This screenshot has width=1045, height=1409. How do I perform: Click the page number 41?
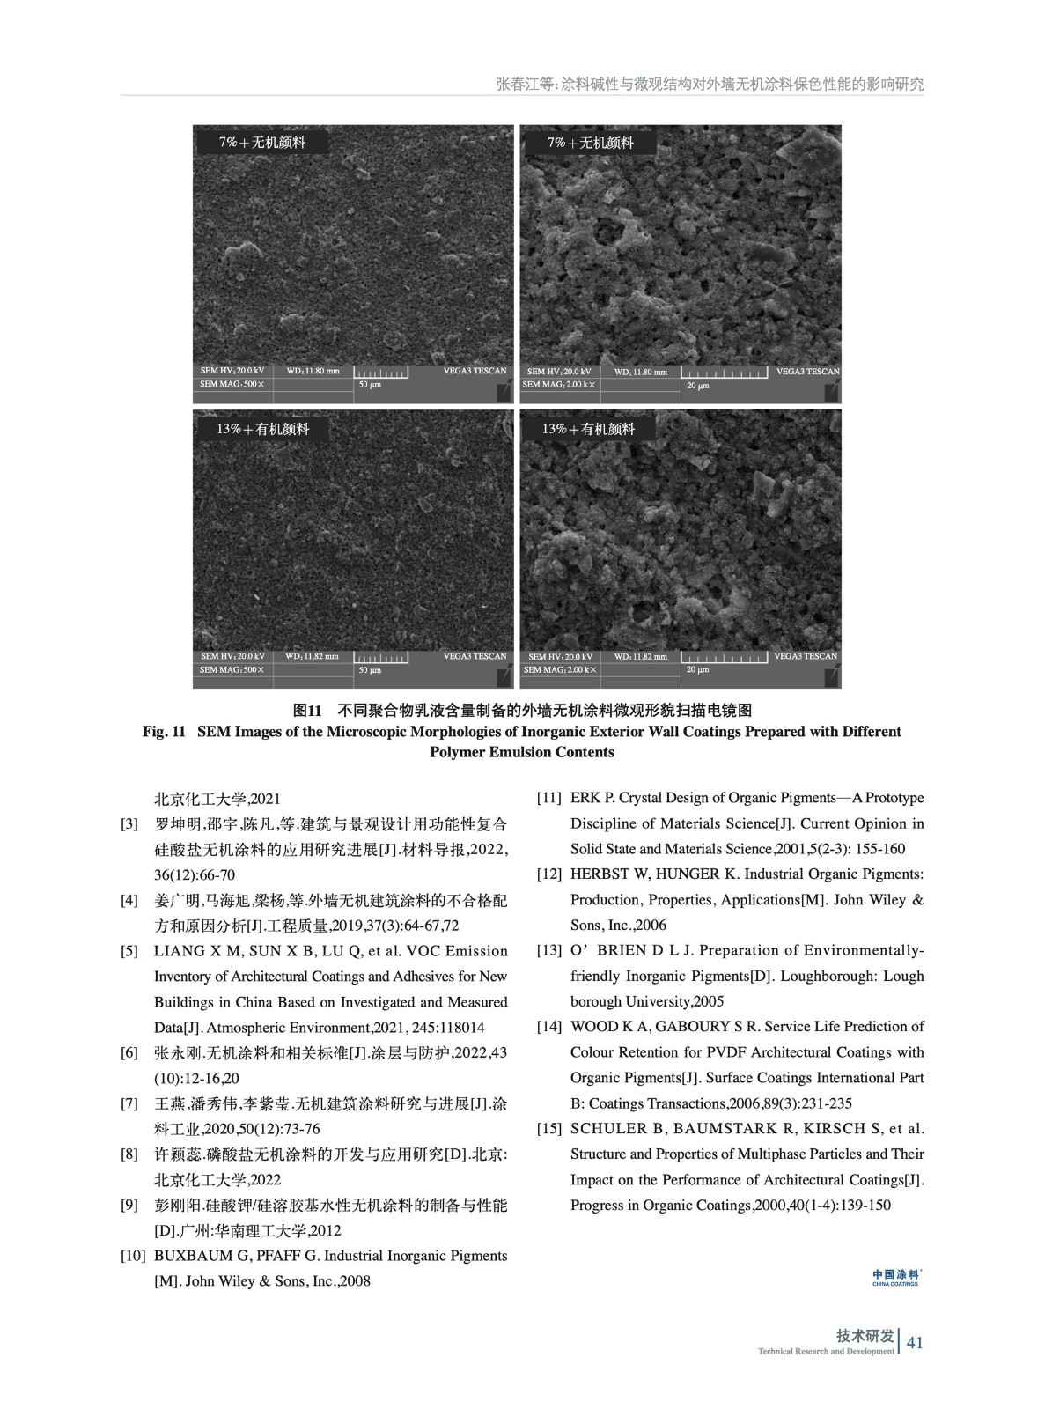click(914, 1342)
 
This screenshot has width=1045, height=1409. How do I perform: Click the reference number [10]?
click(133, 1256)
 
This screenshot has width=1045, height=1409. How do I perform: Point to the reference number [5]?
click(129, 951)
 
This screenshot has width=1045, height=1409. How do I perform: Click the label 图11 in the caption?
click(309, 710)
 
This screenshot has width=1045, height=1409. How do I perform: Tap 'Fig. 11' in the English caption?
click(164, 731)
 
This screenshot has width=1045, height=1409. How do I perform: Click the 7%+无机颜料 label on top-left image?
click(262, 143)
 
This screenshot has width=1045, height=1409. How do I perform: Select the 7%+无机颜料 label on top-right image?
click(590, 143)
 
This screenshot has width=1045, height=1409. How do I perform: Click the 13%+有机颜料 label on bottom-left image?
click(262, 429)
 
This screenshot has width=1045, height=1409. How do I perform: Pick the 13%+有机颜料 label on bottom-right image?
click(588, 429)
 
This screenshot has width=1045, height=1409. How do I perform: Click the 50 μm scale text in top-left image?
click(370, 385)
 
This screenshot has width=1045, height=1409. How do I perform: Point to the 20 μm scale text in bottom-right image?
click(697, 670)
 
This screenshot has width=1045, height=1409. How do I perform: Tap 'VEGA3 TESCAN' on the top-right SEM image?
click(807, 372)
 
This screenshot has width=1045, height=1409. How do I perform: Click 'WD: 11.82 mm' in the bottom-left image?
click(312, 656)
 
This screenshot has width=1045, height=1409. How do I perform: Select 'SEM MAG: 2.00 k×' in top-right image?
click(560, 385)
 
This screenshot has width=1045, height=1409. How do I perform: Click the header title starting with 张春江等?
click(710, 85)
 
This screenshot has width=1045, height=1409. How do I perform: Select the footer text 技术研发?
click(865, 1336)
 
